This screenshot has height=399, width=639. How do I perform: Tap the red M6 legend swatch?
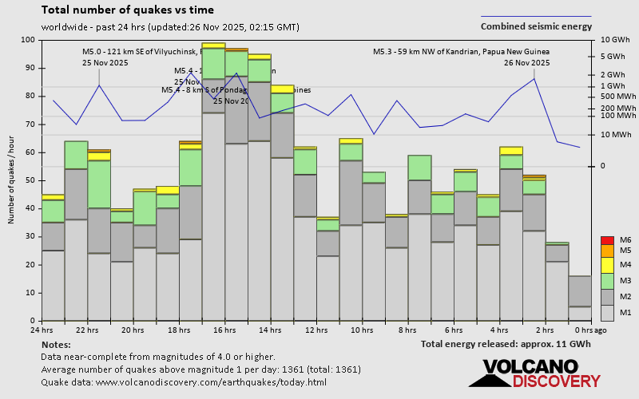click(607, 240)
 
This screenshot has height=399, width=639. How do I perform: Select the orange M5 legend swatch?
click(607, 251)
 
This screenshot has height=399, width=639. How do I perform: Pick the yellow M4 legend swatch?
click(607, 264)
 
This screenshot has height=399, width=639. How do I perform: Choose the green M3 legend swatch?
click(607, 281)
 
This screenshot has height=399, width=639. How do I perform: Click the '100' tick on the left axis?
click(28, 40)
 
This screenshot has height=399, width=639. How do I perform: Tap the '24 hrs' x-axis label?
click(42, 330)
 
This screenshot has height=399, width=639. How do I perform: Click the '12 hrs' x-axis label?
click(316, 330)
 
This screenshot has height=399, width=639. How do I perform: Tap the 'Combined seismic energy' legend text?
click(536, 26)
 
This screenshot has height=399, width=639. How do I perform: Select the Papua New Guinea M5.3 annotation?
click(461, 52)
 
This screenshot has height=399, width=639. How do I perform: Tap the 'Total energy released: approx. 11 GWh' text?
click(506, 344)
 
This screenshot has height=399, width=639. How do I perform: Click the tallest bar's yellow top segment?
click(213, 45)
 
